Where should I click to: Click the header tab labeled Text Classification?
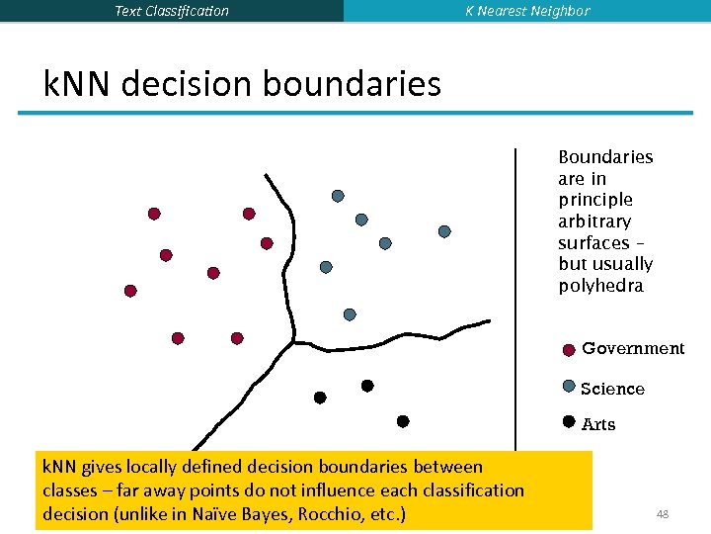coord(171,11)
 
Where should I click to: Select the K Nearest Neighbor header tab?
coord(527,11)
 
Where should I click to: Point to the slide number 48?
coord(663,514)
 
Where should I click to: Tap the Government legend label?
coord(632,348)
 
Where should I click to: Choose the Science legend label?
coord(612,389)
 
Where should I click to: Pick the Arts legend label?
coord(598,424)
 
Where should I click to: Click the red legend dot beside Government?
coord(569,349)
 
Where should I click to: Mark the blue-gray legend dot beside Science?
coord(569,387)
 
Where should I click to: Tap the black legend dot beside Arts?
coord(569,421)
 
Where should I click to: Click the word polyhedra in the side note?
coord(600,286)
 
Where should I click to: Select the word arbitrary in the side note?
coord(594,222)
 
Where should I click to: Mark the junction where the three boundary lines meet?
coord(293,341)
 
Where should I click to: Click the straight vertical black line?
coord(514,297)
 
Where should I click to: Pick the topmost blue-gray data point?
coord(338,196)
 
